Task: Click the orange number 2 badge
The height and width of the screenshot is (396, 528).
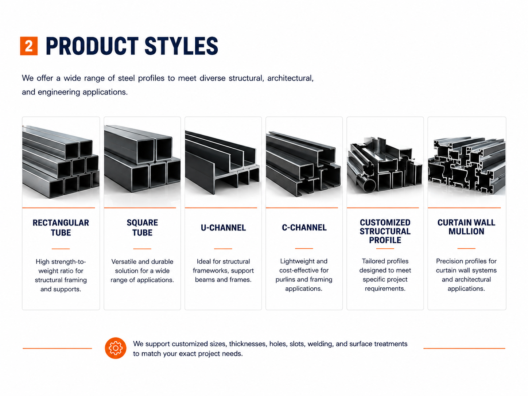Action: click(x=29, y=46)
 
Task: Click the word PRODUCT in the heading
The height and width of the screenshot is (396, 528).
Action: click(x=92, y=46)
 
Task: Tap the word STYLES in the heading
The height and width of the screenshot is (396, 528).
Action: click(x=181, y=46)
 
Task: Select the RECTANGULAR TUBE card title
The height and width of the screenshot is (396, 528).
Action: click(x=61, y=228)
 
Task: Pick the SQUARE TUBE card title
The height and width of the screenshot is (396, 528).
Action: click(x=142, y=228)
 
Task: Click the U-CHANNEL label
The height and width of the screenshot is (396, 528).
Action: click(x=223, y=228)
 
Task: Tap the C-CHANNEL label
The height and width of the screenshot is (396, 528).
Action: click(x=304, y=228)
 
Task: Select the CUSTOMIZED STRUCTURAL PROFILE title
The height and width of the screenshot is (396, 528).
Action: click(x=385, y=231)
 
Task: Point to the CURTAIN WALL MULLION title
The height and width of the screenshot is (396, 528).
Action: click(x=466, y=227)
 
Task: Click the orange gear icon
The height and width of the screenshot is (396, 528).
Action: click(x=116, y=348)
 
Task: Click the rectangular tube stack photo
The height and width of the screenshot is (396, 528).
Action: click(x=61, y=162)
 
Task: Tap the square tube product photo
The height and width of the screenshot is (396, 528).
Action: click(x=142, y=159)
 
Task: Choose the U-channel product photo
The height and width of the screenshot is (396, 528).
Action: click(x=222, y=163)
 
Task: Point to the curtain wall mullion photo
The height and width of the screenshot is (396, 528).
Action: click(x=467, y=166)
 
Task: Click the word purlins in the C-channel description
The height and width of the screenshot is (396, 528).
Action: click(x=285, y=280)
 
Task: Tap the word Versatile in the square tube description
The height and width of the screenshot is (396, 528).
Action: click(x=123, y=261)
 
